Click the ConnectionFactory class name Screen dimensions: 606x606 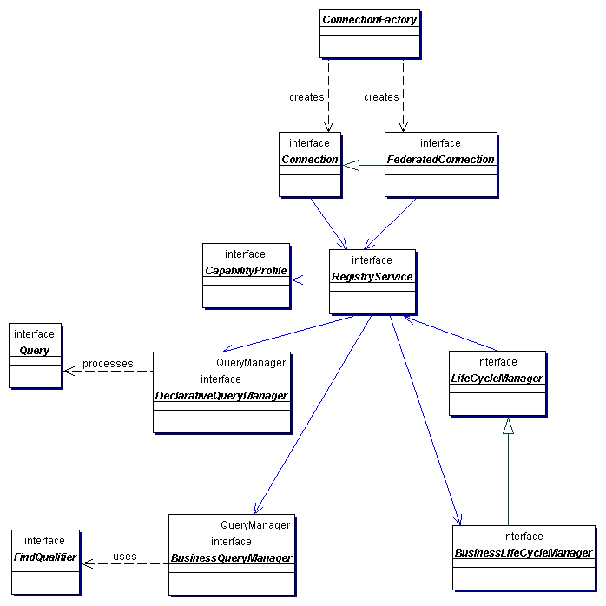click(370, 19)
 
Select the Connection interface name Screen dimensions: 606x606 click(310, 160)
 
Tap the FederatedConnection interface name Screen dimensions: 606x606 click(441, 160)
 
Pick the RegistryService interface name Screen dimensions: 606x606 click(372, 277)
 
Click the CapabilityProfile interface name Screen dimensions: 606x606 click(246, 271)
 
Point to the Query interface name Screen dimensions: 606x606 click(35, 351)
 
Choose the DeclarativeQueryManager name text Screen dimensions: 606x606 click(221, 396)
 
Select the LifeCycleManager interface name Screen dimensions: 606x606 click(497, 379)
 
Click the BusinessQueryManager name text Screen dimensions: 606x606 click(231, 558)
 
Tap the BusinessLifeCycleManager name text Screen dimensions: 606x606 click(523, 553)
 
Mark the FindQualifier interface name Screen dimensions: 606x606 click(45, 557)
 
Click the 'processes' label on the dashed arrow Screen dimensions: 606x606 click(108, 363)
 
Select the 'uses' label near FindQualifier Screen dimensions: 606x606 click(125, 557)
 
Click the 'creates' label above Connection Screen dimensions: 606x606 click(306, 97)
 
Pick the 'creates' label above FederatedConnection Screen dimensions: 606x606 click(381, 97)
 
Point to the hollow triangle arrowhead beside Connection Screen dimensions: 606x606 click(351, 165)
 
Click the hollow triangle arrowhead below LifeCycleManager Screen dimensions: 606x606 click(509, 426)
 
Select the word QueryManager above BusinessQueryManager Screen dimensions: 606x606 click(255, 525)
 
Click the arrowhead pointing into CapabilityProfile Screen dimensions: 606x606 click(297, 280)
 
